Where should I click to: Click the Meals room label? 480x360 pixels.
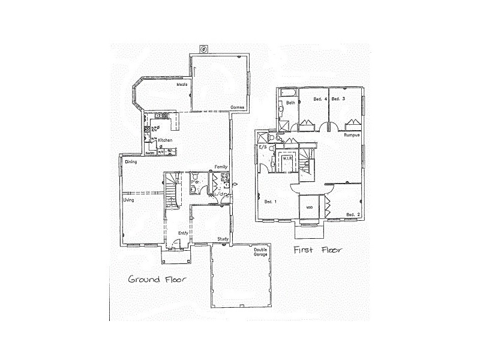(x=182, y=85)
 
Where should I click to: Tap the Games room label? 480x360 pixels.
(x=236, y=107)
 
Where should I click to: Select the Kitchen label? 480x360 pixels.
(x=165, y=140)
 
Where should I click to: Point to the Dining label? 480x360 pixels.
(x=131, y=162)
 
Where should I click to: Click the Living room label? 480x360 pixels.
(x=128, y=200)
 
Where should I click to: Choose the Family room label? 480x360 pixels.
(x=221, y=167)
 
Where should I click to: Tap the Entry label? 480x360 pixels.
(x=183, y=233)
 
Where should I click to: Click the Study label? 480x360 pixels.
(x=223, y=239)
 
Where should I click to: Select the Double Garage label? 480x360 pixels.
(x=260, y=252)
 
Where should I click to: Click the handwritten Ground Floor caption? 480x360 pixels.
(x=158, y=279)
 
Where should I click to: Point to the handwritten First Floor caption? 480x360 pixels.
(x=317, y=250)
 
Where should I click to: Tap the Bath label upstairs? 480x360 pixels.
(x=290, y=103)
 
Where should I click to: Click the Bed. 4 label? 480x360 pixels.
(x=320, y=98)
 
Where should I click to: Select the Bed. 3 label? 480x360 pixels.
(x=338, y=98)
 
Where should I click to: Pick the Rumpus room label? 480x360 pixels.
(x=352, y=136)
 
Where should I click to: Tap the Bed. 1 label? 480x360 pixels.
(x=269, y=202)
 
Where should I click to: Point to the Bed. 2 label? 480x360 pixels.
(x=353, y=215)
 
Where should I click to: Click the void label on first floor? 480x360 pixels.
(x=310, y=208)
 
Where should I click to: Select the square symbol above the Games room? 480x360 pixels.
(x=203, y=49)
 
